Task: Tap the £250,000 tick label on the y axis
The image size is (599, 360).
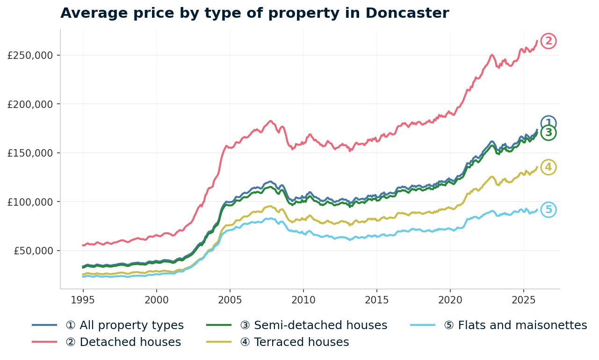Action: (x=30, y=55)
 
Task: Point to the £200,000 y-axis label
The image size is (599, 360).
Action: (x=30, y=104)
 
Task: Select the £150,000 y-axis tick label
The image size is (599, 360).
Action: (x=30, y=153)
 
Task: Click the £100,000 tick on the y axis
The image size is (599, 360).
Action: (x=30, y=202)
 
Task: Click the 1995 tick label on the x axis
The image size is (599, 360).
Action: (x=83, y=299)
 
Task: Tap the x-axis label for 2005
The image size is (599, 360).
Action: (x=230, y=299)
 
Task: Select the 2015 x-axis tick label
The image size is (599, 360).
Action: (x=377, y=299)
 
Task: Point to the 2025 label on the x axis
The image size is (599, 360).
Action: (x=524, y=299)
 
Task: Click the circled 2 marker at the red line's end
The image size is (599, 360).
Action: (x=548, y=41)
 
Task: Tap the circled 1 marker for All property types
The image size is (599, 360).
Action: (x=548, y=123)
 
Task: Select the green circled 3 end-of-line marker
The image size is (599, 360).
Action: (x=548, y=133)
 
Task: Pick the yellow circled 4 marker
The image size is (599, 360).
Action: (x=548, y=167)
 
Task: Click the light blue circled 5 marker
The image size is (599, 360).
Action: (x=548, y=210)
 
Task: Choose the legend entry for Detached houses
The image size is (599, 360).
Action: (x=123, y=342)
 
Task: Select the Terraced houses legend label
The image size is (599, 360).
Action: (x=294, y=342)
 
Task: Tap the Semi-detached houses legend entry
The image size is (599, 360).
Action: (x=313, y=325)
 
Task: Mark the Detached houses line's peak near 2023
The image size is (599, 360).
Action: (x=491, y=55)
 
